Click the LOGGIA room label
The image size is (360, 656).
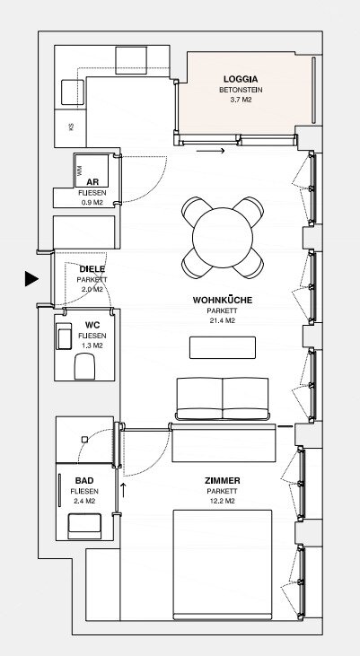[x=241, y=79]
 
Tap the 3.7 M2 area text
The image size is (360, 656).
[x=241, y=100]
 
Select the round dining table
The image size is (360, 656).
[x=223, y=238]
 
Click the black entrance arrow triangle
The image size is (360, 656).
[x=31, y=278]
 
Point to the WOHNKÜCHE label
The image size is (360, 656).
[x=223, y=300]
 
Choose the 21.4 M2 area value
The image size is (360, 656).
[x=223, y=321]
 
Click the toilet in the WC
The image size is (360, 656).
[x=84, y=366]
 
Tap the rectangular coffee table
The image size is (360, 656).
[x=223, y=347]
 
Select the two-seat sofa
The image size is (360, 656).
[x=223, y=398]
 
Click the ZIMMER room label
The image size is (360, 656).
[x=223, y=481]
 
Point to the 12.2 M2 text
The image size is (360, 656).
[x=223, y=502]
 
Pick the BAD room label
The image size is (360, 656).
[x=84, y=480]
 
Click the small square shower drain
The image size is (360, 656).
[x=84, y=440]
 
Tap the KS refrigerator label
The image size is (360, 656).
[x=71, y=126]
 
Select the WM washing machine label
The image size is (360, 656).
[x=79, y=171]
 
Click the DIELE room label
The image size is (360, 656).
[x=92, y=269]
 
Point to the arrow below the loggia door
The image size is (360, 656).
[x=211, y=151]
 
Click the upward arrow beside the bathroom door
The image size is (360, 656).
[x=124, y=490]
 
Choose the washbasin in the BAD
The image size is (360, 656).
[x=84, y=526]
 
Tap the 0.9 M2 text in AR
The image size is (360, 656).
[x=92, y=203]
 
